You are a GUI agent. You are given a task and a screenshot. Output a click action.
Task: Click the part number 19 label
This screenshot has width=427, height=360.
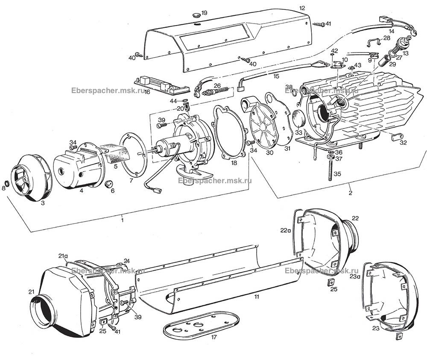click(204, 13)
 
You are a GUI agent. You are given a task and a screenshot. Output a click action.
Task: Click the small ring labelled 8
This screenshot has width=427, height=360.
click(6, 184)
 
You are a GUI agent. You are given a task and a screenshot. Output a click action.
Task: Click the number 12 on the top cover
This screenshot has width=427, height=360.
click(302, 8)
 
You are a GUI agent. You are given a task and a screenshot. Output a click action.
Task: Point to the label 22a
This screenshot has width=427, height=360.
click(286, 230)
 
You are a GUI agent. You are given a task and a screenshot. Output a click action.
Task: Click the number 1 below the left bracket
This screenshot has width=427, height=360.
click(122, 220)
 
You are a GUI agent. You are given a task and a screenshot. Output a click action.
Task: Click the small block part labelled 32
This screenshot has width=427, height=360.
click(395, 138)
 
